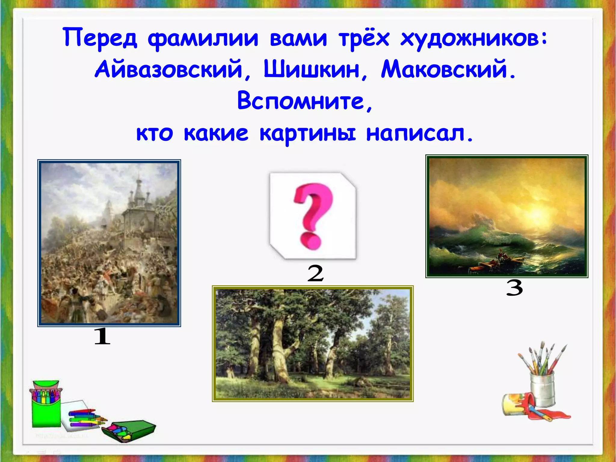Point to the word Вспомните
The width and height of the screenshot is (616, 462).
(301, 101)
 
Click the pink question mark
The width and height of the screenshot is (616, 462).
(313, 215)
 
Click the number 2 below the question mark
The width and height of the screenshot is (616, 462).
(315, 273)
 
